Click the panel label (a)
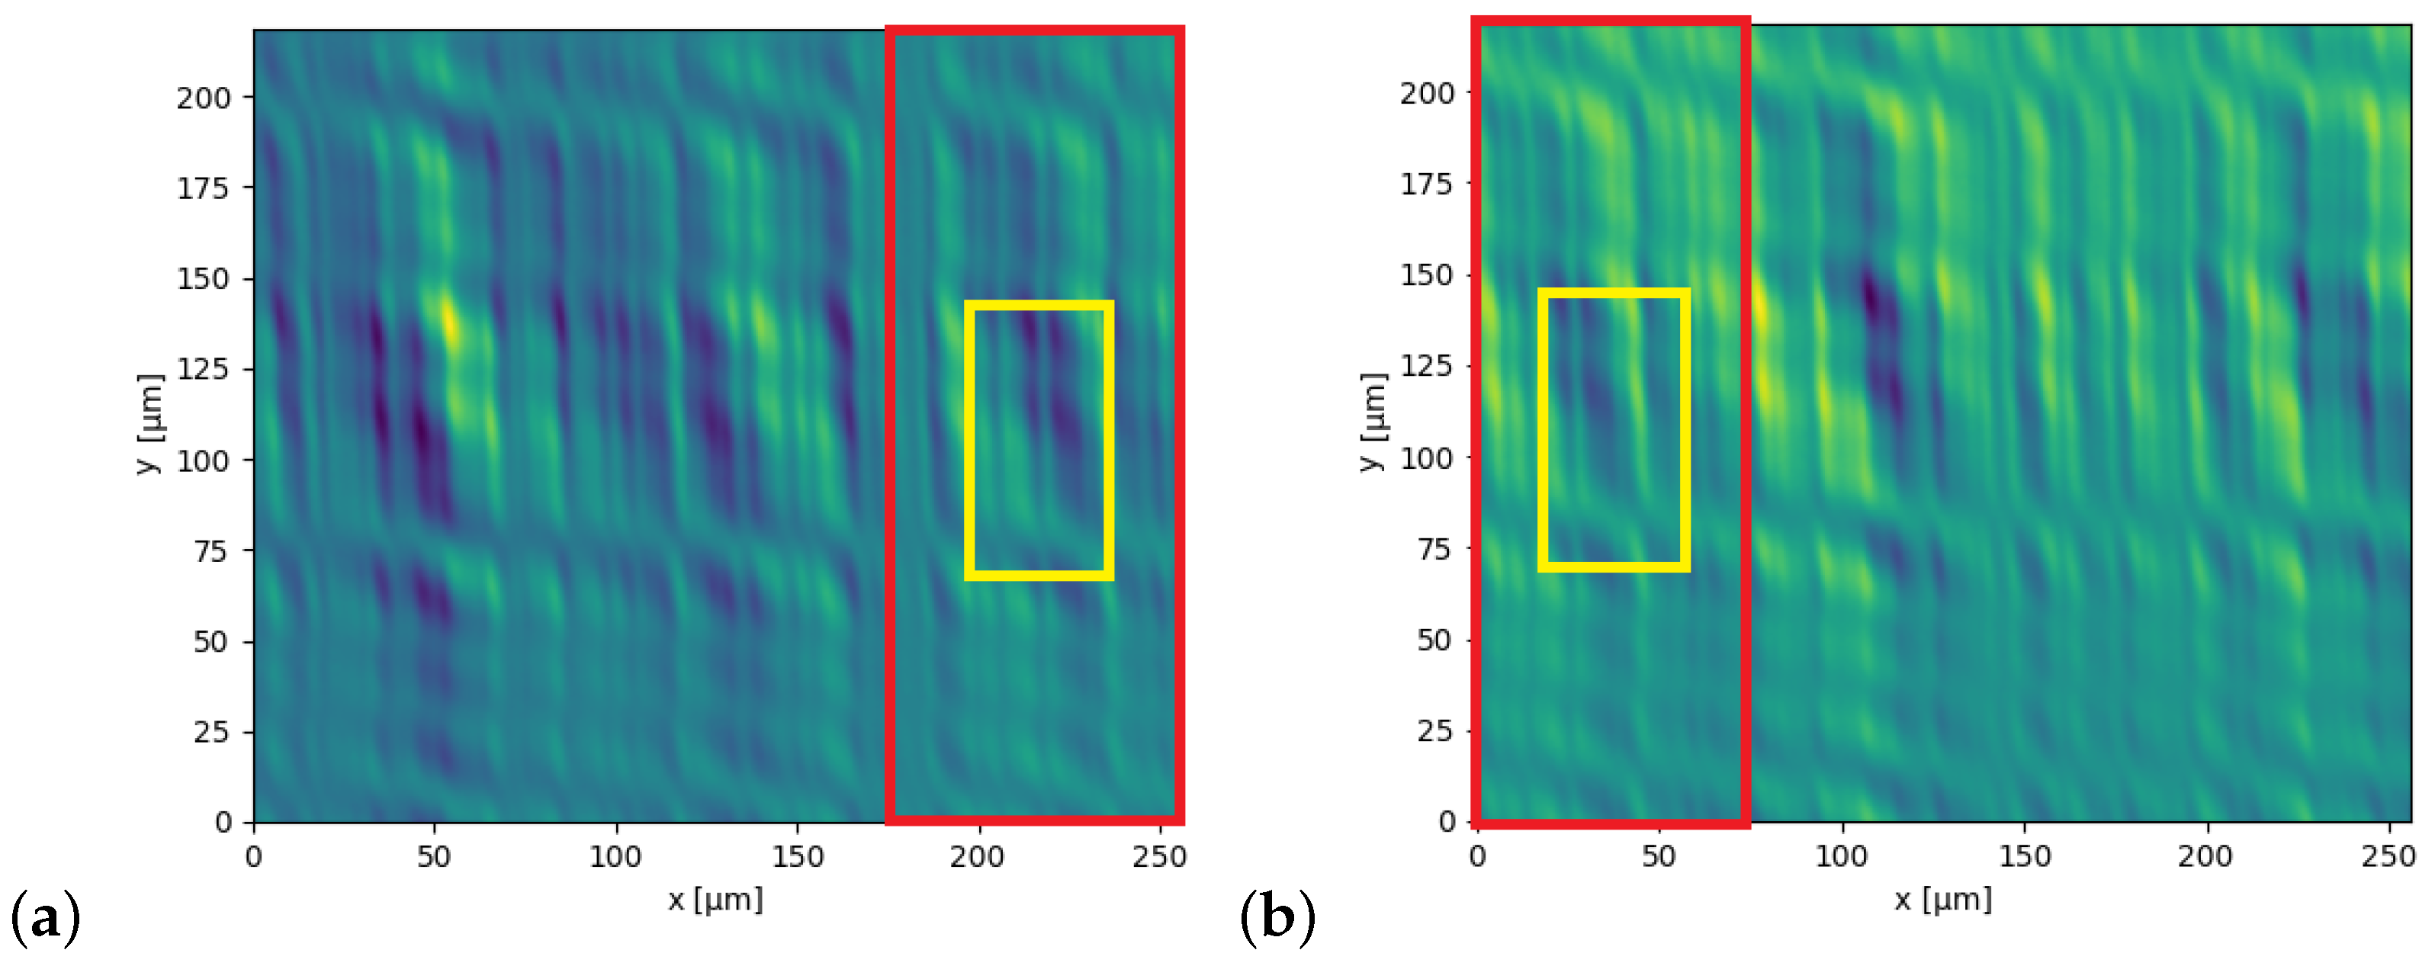pos(45,918)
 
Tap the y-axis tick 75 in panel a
pos(210,551)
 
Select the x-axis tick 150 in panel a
pos(797,857)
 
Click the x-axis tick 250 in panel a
pos(1159,857)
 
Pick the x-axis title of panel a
pos(715,899)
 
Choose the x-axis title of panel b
pos(1943,899)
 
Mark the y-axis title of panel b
pos(1373,422)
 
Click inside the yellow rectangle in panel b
pos(1614,431)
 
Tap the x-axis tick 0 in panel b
pos(1477,857)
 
